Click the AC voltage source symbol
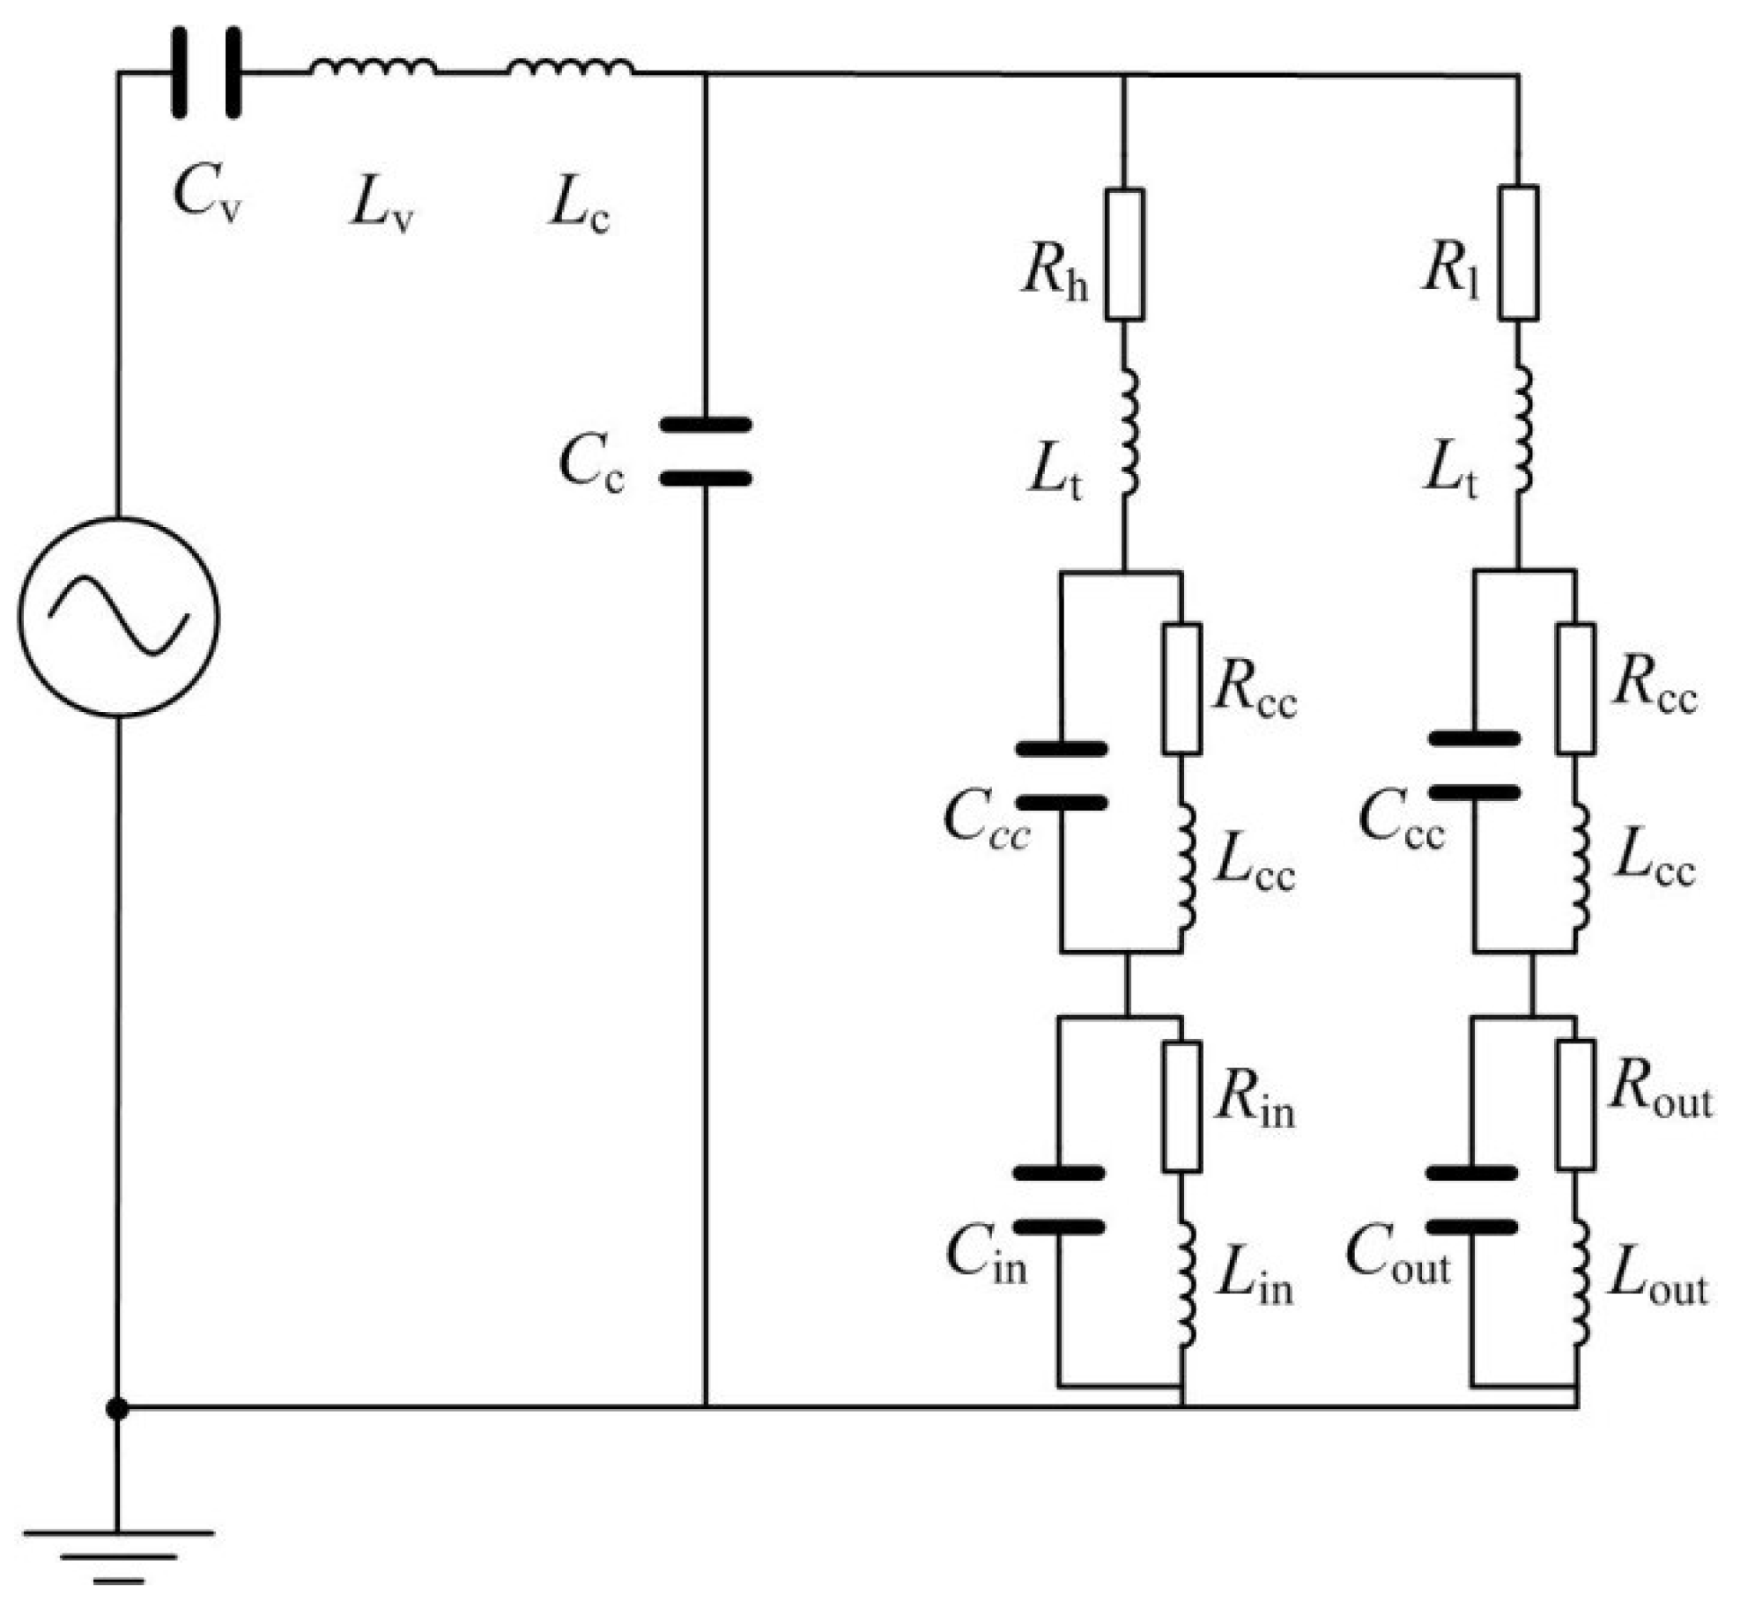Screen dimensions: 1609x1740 coord(118,617)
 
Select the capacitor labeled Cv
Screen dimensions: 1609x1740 coord(206,72)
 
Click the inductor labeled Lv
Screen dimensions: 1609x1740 coord(373,67)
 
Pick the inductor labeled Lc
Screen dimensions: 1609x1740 coord(570,67)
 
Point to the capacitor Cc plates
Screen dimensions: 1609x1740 coord(706,452)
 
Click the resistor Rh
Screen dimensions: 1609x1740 coord(1125,254)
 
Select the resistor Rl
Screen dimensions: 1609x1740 coord(1519,253)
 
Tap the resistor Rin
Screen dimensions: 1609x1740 coord(1181,1108)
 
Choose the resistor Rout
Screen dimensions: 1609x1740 coord(1575,1106)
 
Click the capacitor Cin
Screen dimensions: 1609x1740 coord(1059,1200)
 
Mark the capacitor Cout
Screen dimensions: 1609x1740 coord(1471,1200)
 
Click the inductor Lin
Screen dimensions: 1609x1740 coord(1186,1284)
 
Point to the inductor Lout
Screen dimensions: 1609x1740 coord(1580,1282)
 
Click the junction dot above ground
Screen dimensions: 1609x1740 coord(117,1409)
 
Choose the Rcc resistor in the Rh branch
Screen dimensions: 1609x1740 coord(1181,689)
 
